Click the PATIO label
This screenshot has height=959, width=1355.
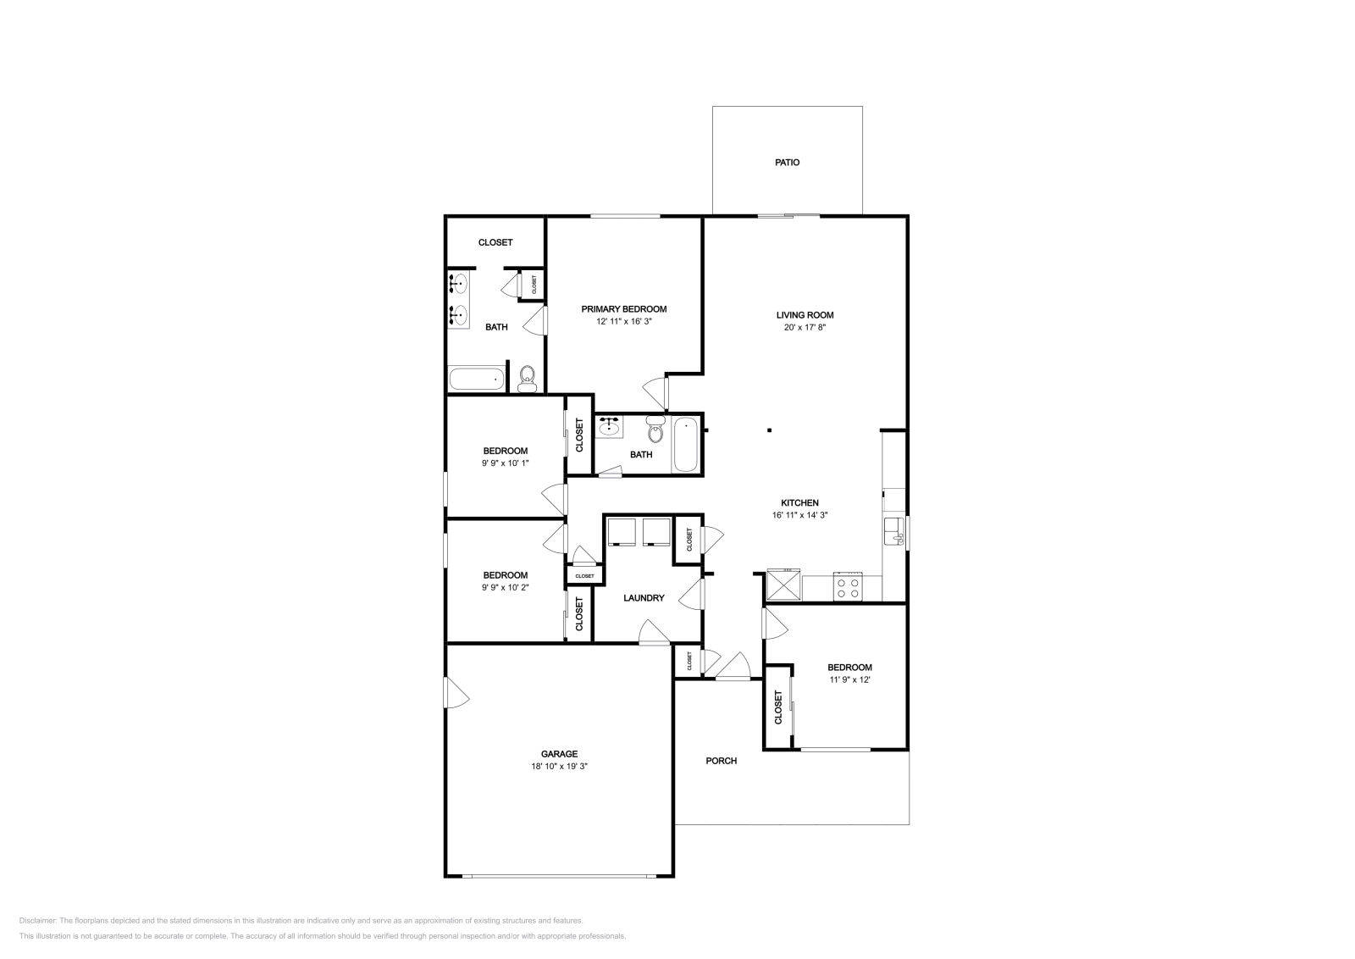click(787, 162)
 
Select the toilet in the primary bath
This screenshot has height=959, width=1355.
click(528, 379)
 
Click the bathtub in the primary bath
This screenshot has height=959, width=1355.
click(477, 379)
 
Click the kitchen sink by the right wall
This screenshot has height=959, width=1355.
click(894, 531)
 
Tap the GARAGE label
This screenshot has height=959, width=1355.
click(559, 754)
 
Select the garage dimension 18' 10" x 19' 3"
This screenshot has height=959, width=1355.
click(559, 766)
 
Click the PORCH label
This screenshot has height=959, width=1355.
click(721, 761)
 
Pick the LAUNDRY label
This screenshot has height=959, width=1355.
click(644, 598)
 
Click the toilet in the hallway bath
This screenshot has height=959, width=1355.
click(655, 430)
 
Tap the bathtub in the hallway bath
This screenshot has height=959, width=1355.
click(685, 445)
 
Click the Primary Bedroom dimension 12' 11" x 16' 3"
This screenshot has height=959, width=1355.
click(623, 321)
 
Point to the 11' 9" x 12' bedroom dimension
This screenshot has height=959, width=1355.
click(849, 679)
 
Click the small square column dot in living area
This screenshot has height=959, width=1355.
click(769, 430)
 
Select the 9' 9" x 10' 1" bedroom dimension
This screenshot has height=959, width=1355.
click(506, 463)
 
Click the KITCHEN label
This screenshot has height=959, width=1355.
click(799, 502)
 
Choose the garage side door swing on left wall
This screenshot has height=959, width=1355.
click(456, 693)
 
